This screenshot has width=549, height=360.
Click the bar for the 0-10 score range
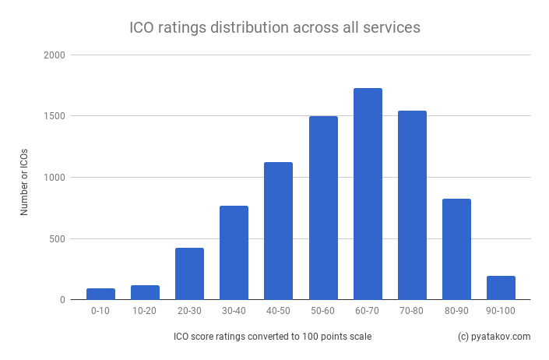(x=100, y=294)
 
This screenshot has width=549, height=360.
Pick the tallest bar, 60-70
(x=368, y=194)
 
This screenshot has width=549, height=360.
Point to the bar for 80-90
(x=456, y=249)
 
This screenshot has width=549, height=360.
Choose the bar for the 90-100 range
(x=501, y=288)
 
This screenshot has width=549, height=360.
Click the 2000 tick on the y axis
(x=55, y=55)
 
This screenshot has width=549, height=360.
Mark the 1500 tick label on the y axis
(x=55, y=116)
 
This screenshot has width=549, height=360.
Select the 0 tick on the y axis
(x=62, y=299)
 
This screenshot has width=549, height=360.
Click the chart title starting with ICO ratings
(x=274, y=27)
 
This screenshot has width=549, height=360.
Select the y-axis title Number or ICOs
(x=24, y=178)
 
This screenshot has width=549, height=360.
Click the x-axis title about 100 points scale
(x=273, y=337)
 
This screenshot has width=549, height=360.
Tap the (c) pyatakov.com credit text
(x=494, y=337)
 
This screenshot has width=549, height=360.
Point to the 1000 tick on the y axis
(x=55, y=178)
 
